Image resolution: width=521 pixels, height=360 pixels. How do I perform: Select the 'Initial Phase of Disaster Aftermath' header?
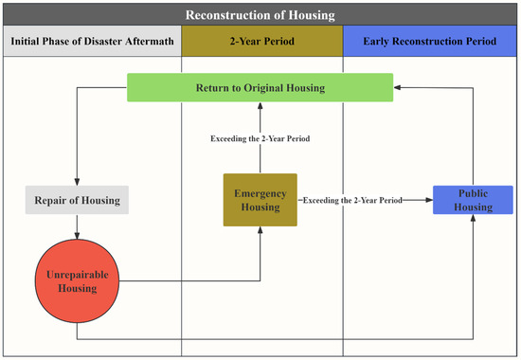click(x=92, y=43)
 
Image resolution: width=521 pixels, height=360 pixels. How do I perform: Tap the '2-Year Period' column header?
click(x=261, y=43)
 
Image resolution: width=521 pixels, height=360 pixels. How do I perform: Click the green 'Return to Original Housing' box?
click(x=260, y=88)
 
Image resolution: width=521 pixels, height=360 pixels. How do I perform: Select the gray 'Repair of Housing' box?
click(x=75, y=201)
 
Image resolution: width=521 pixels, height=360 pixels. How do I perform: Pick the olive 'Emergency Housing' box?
click(x=260, y=200)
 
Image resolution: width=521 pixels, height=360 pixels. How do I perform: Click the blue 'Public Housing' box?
click(x=473, y=200)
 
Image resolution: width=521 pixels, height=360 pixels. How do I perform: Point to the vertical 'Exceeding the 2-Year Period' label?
click(x=260, y=139)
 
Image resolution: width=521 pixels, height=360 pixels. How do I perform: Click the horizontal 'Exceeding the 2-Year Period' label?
click(x=350, y=200)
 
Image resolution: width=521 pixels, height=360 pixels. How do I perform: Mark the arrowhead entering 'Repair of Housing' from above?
click(x=75, y=182)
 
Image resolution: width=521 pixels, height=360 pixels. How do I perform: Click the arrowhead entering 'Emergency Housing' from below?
click(x=260, y=231)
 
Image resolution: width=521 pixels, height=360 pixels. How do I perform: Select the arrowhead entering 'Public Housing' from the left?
click(x=428, y=200)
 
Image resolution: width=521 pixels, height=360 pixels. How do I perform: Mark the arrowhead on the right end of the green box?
click(x=398, y=88)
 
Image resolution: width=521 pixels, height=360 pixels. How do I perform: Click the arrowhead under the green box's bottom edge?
click(x=260, y=106)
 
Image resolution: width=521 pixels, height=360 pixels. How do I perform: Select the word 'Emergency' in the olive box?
click(x=260, y=193)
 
